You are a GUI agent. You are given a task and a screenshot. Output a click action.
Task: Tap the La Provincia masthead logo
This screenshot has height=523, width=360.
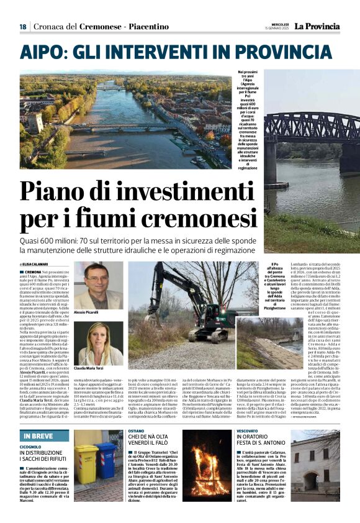point(317,26)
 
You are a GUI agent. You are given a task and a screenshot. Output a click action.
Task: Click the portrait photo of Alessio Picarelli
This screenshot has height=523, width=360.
point(99,284)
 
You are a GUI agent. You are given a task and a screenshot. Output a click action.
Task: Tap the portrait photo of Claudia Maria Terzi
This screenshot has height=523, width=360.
point(99,343)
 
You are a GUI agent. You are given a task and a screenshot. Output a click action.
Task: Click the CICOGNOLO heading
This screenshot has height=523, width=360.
point(30,430)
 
